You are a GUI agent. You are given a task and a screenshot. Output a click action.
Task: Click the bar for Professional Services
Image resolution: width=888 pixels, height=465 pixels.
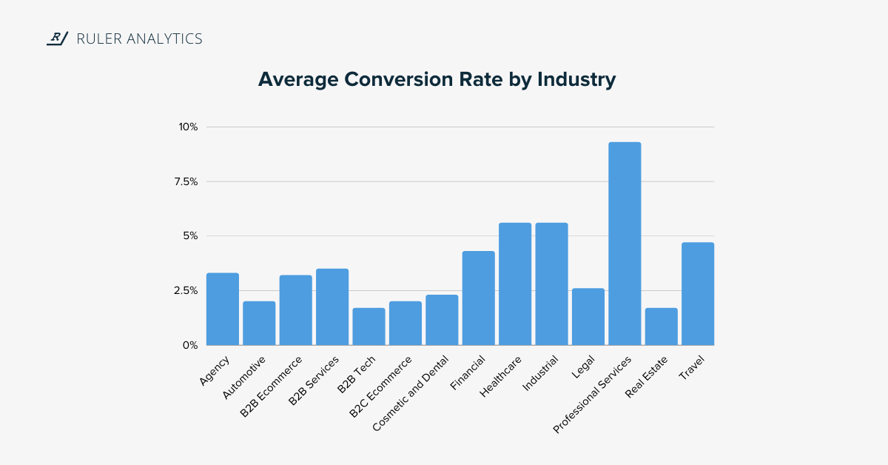(x=625, y=244)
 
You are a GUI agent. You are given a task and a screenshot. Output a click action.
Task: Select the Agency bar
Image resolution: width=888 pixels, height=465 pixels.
(x=223, y=309)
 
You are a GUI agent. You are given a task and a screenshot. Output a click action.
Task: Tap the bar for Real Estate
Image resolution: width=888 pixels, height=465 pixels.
(x=661, y=327)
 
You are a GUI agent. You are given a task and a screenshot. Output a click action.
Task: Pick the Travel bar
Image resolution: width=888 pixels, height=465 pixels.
(x=698, y=294)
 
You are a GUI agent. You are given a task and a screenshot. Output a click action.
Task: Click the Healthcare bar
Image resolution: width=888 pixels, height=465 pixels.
(x=515, y=284)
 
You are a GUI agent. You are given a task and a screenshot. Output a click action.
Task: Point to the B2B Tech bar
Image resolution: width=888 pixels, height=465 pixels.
(x=369, y=327)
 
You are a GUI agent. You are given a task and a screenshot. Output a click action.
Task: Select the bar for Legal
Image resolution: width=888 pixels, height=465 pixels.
(x=588, y=317)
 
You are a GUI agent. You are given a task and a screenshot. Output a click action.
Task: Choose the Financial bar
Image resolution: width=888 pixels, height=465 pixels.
(x=478, y=298)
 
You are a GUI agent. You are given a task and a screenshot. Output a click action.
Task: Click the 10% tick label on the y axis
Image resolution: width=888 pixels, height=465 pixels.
(x=188, y=127)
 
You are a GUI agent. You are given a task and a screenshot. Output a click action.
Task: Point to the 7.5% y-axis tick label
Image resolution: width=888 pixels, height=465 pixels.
(x=186, y=181)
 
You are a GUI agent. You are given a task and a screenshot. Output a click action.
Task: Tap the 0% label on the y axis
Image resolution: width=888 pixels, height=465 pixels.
(x=190, y=345)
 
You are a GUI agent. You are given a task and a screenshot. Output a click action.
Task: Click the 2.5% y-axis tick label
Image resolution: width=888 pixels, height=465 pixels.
(x=186, y=290)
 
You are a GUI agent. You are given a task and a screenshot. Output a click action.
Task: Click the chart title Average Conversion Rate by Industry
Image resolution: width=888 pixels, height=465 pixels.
(x=437, y=80)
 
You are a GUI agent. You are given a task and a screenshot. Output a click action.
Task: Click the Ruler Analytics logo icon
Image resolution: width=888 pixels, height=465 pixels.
(x=57, y=39)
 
